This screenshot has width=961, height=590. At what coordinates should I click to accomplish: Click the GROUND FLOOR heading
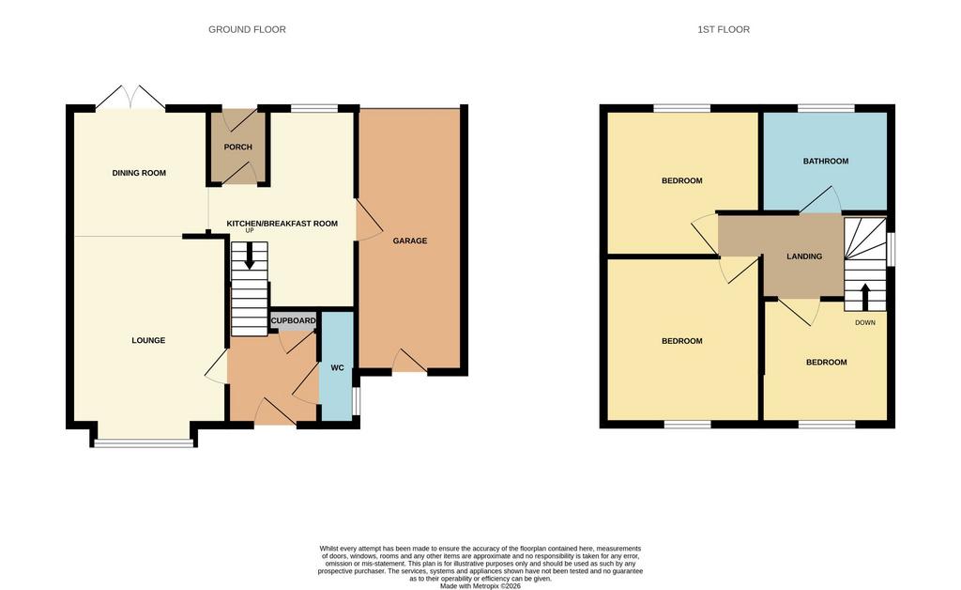(247, 29)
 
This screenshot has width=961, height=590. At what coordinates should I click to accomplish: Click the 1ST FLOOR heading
(724, 29)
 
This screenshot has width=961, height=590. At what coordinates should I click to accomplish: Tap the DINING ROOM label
(139, 173)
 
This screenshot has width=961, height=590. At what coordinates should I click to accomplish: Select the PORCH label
(237, 147)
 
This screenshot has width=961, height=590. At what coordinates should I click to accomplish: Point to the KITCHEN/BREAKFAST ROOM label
(282, 224)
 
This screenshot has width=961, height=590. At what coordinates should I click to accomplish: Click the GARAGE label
(410, 241)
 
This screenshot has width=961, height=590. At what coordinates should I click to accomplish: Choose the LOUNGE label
(148, 340)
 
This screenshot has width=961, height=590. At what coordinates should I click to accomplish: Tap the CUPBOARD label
(294, 320)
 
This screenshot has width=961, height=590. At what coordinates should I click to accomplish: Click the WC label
(337, 368)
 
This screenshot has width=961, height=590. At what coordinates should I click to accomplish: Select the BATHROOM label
(826, 162)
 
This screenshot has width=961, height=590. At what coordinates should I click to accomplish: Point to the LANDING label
(804, 256)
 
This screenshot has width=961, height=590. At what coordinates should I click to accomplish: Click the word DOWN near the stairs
(865, 322)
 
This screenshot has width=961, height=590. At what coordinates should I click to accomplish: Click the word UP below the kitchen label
(250, 230)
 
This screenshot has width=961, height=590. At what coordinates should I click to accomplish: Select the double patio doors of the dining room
(130, 98)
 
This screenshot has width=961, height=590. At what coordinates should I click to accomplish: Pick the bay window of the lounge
(144, 442)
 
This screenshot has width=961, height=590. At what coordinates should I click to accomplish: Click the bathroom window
(826, 109)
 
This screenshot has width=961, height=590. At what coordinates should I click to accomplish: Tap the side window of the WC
(356, 401)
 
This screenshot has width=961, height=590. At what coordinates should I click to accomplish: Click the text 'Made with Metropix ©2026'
(480, 586)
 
